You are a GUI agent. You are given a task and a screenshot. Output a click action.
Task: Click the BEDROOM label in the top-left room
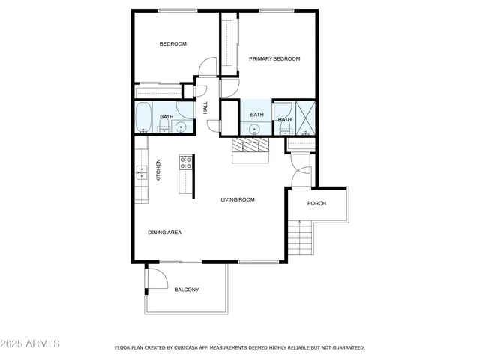(172, 44)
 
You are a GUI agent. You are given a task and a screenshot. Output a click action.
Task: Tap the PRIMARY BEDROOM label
(274, 58)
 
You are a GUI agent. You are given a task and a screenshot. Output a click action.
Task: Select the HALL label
(205, 108)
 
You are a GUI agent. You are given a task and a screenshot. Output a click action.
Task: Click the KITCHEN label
(158, 170)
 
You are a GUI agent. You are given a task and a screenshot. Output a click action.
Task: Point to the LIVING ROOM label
(238, 199)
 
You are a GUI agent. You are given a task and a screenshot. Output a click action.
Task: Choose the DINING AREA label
(164, 232)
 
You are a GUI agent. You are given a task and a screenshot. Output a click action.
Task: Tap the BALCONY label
(186, 289)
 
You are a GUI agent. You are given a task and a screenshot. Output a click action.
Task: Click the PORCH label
(316, 203)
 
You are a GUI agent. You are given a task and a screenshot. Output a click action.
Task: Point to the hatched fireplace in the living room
(249, 146)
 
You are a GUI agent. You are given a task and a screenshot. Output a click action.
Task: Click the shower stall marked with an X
(306, 117)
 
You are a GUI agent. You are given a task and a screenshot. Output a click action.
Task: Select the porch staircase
(301, 238)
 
